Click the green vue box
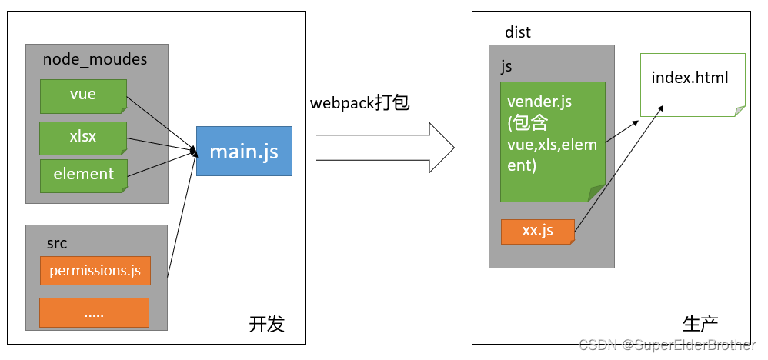[83, 95]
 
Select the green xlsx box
[83, 137]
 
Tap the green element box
[83, 175]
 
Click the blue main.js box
[244, 151]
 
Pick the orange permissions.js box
[95, 271]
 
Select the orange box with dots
[95, 313]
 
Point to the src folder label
[57, 243]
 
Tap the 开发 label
[266, 325]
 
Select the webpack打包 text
[359, 103]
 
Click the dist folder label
[518, 32]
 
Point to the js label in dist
[506, 66]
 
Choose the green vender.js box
[553, 141]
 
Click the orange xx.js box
[538, 231]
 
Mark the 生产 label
[700, 323]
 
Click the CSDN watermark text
[666, 345]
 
